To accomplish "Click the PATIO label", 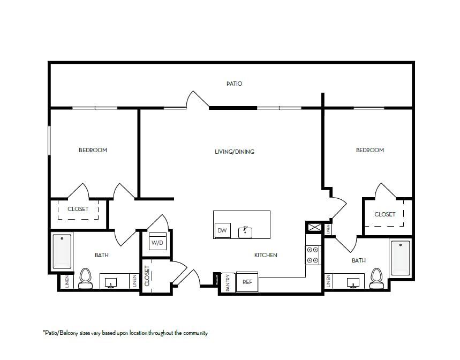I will [x=234, y=84].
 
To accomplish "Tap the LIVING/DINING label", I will [x=234, y=152].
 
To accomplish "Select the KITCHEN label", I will [x=266, y=255].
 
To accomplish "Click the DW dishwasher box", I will [x=222, y=231].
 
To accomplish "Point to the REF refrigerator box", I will [x=247, y=282].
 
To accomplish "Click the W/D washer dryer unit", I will [x=157, y=242].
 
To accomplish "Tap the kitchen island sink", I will [x=246, y=232].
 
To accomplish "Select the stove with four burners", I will [x=313, y=255].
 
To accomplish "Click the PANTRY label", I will [x=228, y=282].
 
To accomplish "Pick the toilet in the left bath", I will [x=86, y=277].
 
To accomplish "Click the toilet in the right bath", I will [x=377, y=277].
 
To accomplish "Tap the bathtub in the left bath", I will [x=62, y=251].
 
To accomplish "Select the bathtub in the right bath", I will [x=400, y=258].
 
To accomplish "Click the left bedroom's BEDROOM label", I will [x=93, y=150].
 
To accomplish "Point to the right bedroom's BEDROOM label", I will [x=370, y=150].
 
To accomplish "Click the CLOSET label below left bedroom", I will [x=78, y=209].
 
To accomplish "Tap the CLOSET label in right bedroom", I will [x=385, y=214].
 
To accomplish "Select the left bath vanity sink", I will [x=111, y=282].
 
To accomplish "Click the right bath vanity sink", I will [x=353, y=282].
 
